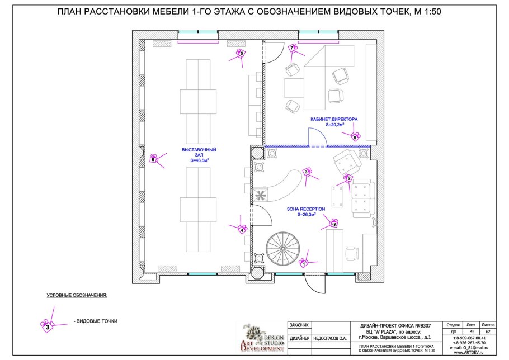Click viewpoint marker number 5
click(241, 54)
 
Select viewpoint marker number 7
click(292, 49)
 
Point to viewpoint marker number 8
click(355, 137)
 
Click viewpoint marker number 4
click(242, 229)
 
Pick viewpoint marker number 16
click(334, 225)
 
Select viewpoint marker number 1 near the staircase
click(304, 263)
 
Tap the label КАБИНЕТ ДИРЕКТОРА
click(334, 120)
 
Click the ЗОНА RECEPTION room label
click(306, 209)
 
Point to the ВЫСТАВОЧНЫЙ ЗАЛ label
click(199, 153)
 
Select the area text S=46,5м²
click(199, 160)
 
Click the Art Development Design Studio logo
click(262, 338)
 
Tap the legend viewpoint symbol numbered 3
click(48, 326)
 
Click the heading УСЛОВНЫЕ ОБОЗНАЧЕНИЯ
click(76, 295)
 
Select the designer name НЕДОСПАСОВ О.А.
click(330, 338)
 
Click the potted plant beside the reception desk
click(261, 195)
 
